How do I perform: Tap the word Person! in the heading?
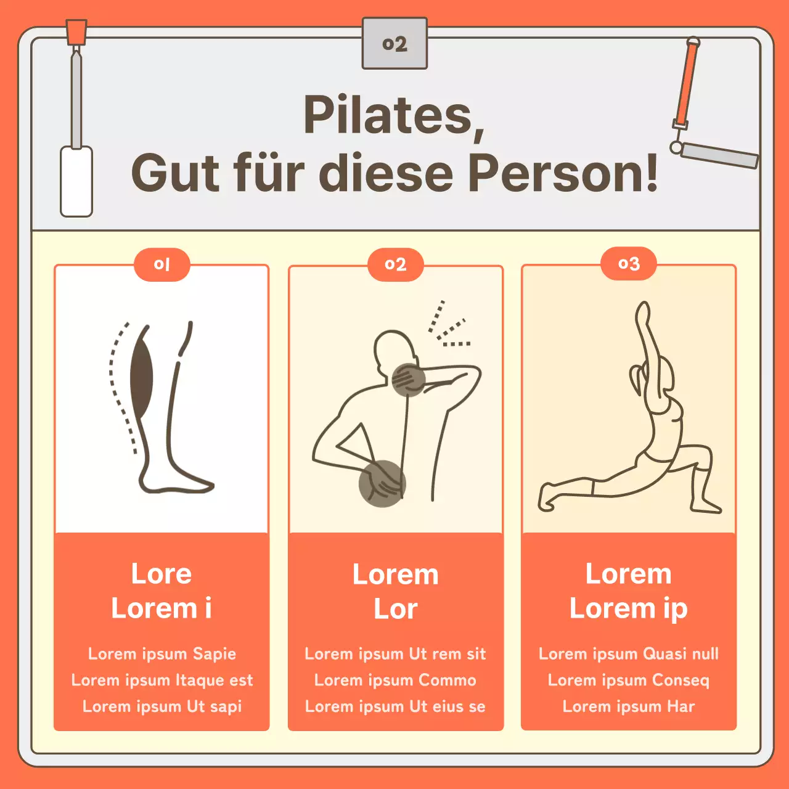563,173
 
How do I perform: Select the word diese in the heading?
386,173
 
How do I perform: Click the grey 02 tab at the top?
394,43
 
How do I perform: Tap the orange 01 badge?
161,264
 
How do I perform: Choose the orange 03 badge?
629,264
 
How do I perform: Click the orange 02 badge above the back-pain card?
396,264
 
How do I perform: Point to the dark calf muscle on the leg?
141,377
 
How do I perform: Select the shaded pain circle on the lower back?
382,483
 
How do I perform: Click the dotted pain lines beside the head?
448,325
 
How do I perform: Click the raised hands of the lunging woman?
642,313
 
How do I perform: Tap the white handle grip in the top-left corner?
76,181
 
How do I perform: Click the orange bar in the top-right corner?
689,84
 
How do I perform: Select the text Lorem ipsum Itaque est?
162,680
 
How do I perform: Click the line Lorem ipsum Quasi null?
629,654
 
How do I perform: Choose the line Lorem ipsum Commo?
395,680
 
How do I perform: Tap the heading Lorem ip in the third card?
629,608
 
